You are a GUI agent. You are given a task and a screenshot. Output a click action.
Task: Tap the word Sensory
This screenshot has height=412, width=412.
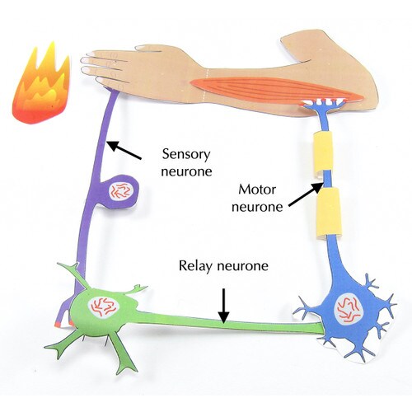pyautogui.click(x=186, y=154)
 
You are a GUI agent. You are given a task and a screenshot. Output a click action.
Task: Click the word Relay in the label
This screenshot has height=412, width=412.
pyautogui.click(x=195, y=266)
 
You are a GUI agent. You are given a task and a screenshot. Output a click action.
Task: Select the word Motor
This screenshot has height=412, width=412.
pyautogui.click(x=257, y=190)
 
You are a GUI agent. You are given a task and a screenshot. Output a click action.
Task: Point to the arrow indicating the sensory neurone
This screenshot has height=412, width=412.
pyautogui.click(x=124, y=150)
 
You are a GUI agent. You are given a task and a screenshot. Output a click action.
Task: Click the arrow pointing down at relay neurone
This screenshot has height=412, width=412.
pyautogui.click(x=224, y=306)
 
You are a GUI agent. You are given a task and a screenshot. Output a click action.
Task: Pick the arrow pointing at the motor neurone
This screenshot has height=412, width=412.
pyautogui.click(x=305, y=194)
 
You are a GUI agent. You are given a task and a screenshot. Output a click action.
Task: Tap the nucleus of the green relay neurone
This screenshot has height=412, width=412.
pyautogui.click(x=103, y=306)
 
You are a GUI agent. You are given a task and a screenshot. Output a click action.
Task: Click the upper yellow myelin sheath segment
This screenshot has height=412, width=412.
pyautogui.click(x=323, y=152)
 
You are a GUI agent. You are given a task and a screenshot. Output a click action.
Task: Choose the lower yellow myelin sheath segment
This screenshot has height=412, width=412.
pyautogui.click(x=329, y=212)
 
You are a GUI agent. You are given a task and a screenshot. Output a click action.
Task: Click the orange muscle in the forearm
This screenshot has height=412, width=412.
pyautogui.click(x=274, y=90)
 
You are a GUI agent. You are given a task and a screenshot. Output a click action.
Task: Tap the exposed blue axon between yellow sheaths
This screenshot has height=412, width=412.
pyautogui.click(x=327, y=180)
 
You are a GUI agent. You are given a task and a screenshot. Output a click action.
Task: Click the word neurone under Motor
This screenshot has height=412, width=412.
pyautogui.click(x=257, y=207)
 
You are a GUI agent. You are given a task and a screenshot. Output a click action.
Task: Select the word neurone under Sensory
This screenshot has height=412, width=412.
pyautogui.click(x=186, y=171)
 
